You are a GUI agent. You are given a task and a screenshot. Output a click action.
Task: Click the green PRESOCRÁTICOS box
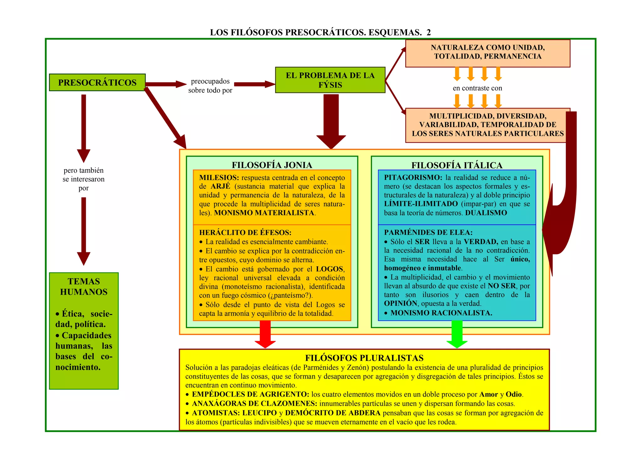click(97, 82)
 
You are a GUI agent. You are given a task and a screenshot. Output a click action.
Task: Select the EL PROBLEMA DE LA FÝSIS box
click(330, 80)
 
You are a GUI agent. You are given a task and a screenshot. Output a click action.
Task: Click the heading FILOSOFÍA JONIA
click(272, 165)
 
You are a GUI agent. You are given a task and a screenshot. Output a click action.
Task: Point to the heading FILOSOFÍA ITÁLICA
click(457, 165)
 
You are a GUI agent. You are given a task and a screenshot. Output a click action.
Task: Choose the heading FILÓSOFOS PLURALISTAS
click(364, 358)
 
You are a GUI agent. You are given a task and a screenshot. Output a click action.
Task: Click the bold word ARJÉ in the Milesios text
click(220, 186)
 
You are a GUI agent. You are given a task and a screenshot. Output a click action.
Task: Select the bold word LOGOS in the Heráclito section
click(330, 269)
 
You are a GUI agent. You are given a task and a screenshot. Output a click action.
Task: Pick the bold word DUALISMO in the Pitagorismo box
click(486, 213)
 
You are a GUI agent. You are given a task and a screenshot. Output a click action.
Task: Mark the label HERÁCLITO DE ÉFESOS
click(245, 233)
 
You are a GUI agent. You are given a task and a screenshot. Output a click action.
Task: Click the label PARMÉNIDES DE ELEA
click(428, 233)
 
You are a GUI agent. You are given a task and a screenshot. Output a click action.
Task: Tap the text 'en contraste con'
click(477, 88)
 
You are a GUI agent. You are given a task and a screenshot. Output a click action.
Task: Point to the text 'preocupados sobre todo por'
click(210, 86)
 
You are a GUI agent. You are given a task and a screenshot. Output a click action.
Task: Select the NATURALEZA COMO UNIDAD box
click(488, 52)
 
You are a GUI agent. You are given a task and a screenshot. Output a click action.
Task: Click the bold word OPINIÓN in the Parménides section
click(400, 303)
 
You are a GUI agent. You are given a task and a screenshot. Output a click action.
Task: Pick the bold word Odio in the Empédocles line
click(514, 394)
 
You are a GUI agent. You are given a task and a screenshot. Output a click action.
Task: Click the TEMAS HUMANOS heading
click(84, 286)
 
